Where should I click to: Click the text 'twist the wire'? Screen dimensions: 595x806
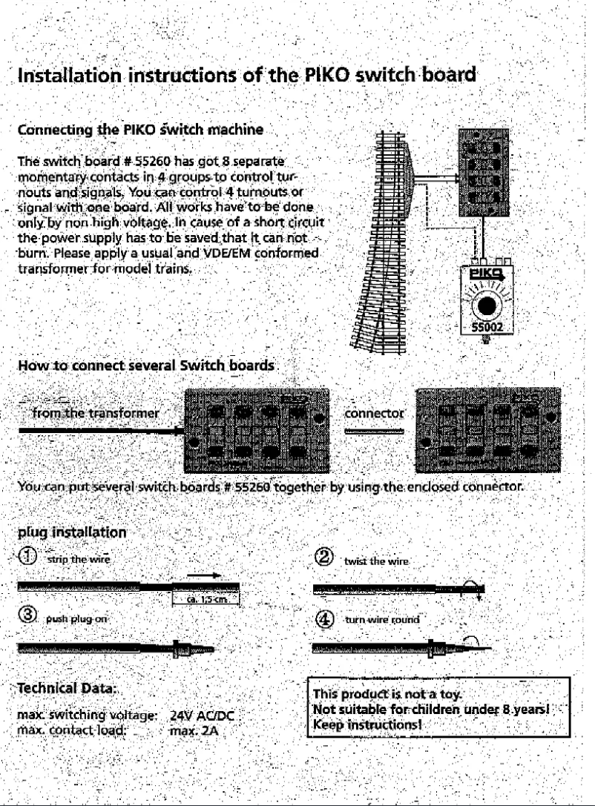[x=372, y=562]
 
